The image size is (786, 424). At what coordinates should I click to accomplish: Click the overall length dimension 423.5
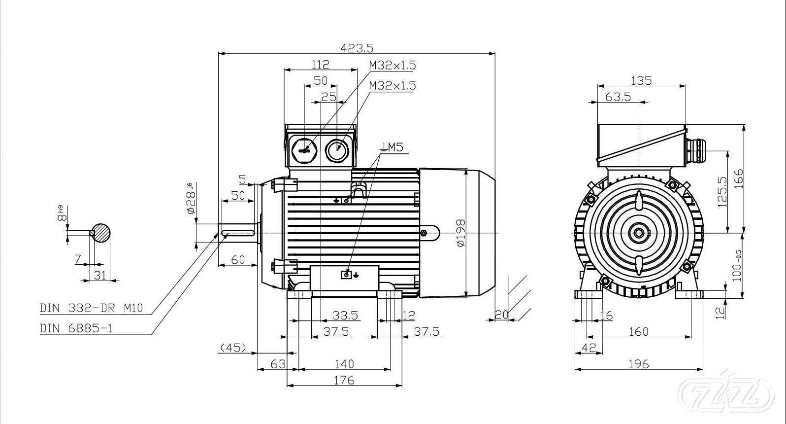click(x=357, y=48)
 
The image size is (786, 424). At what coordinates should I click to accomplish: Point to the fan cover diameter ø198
click(x=460, y=233)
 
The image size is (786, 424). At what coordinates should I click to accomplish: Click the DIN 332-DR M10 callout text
click(x=91, y=308)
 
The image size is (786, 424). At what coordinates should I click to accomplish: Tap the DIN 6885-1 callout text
click(x=76, y=328)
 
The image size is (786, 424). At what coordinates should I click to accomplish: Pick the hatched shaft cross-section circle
click(x=100, y=232)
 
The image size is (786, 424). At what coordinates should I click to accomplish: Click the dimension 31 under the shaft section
click(x=100, y=275)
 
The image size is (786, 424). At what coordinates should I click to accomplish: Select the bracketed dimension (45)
click(x=232, y=348)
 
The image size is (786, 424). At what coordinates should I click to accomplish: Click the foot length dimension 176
click(x=344, y=380)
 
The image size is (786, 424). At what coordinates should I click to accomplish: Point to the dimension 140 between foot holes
click(x=344, y=364)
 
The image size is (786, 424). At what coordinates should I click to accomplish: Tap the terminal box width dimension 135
click(x=641, y=80)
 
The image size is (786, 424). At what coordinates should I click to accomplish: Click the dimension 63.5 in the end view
click(x=618, y=97)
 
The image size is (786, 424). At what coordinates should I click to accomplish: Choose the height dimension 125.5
click(x=722, y=192)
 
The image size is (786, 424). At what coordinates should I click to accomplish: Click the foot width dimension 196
click(x=639, y=364)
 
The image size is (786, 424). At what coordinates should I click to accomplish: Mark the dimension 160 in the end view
click(x=639, y=331)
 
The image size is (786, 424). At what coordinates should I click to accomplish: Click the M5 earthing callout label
click(x=392, y=146)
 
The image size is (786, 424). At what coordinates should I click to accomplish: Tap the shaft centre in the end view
click(x=639, y=232)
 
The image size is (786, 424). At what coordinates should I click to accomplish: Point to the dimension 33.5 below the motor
click(x=345, y=315)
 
